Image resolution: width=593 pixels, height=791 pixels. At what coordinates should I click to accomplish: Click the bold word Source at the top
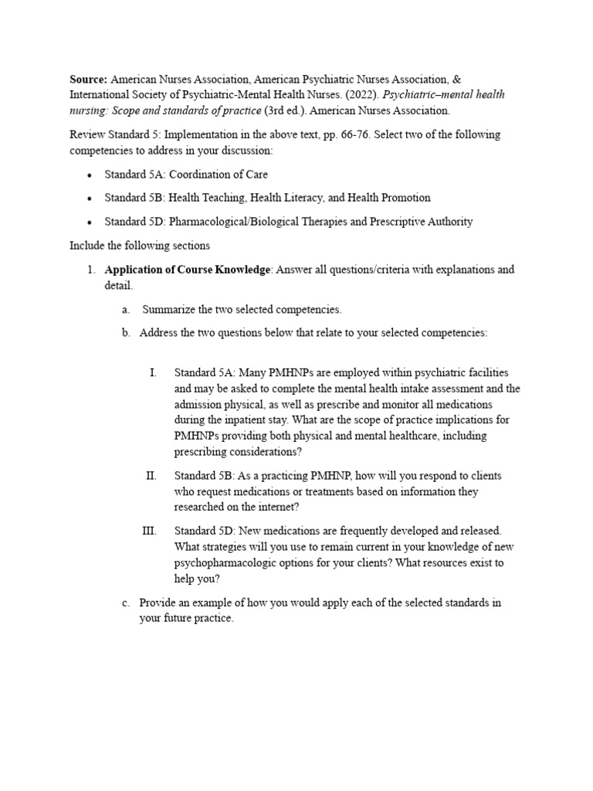pos(89,80)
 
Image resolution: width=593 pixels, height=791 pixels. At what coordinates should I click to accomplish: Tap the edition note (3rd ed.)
pos(285,110)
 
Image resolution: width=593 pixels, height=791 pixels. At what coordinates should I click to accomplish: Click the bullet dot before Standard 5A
pos(90,175)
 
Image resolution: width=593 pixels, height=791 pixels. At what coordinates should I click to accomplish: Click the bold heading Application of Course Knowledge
pos(188,270)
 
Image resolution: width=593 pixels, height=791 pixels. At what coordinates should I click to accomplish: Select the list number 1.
pos(90,270)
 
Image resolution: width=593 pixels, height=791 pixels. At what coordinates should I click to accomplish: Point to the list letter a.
pos(125,310)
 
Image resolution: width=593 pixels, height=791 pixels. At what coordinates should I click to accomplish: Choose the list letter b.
pos(125,333)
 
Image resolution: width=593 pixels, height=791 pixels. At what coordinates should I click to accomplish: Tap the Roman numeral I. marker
pos(153,373)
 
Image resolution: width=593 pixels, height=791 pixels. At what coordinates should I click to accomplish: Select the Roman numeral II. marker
pos(151,475)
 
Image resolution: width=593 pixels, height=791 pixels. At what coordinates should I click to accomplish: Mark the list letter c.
pos(125,603)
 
